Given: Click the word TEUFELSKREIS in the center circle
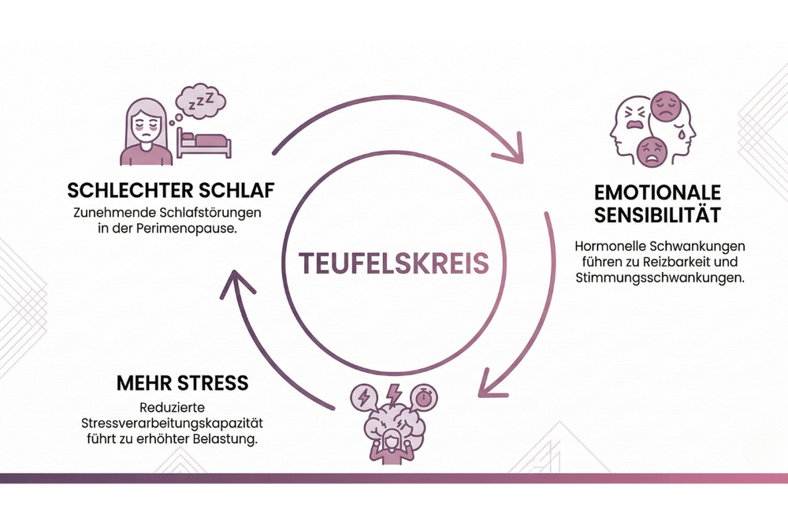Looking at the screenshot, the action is (x=393, y=263).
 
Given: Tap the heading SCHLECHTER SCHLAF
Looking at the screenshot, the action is (x=171, y=191).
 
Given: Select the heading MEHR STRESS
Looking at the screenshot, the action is (x=183, y=383).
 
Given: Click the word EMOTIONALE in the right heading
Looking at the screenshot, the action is (x=657, y=192).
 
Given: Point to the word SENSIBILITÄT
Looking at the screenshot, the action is (x=657, y=215).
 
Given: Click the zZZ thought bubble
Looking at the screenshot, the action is (x=199, y=103).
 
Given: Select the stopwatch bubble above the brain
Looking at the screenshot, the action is (x=423, y=397).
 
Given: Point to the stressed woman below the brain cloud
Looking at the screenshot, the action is (x=391, y=448).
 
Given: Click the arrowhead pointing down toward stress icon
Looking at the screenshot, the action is (x=490, y=385).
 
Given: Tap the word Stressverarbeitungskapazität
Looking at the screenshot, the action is (x=172, y=423).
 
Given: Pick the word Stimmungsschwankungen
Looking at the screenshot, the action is (x=660, y=278).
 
